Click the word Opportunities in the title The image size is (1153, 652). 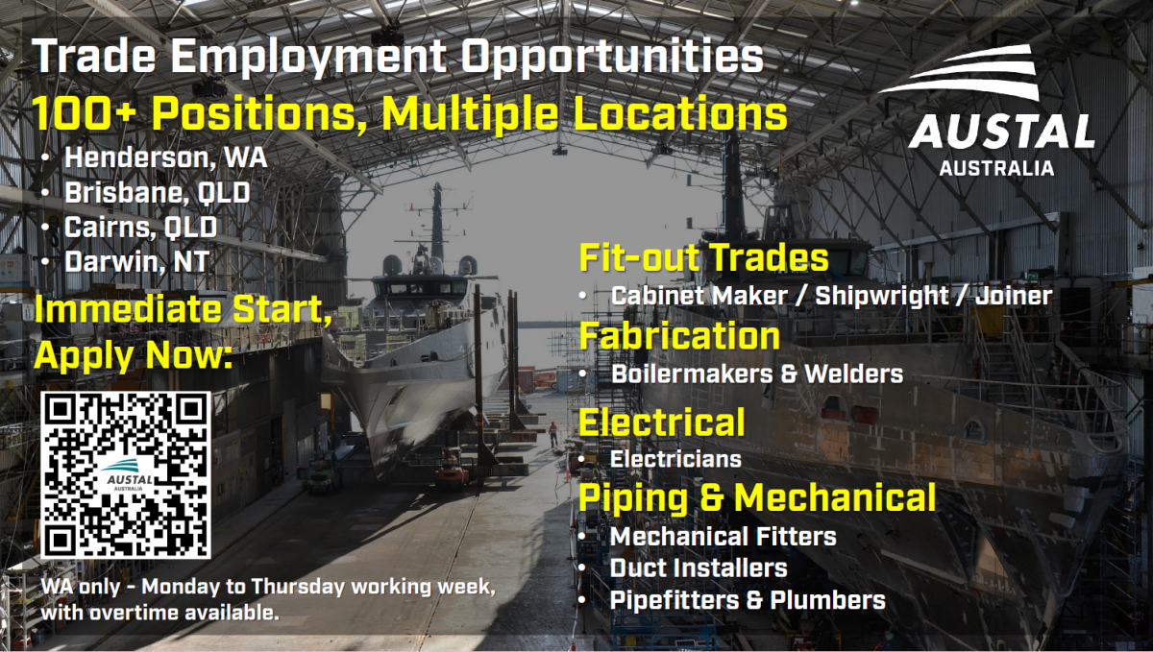(612, 58)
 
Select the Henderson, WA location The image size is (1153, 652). (165, 157)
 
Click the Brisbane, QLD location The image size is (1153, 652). (158, 192)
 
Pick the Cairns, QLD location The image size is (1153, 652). (140, 227)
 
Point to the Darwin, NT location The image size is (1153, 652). (136, 261)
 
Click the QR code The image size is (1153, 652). (126, 475)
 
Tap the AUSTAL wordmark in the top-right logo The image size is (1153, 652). (1001, 132)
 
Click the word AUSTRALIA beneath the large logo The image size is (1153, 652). (996, 168)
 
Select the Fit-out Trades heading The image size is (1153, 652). (703, 256)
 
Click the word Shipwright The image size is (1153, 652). (882, 296)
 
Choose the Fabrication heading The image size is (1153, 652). (679, 336)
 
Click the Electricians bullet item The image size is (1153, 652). (675, 459)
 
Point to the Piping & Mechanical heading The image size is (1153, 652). (757, 497)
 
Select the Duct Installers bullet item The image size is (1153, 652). (699, 568)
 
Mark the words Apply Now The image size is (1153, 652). (134, 356)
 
